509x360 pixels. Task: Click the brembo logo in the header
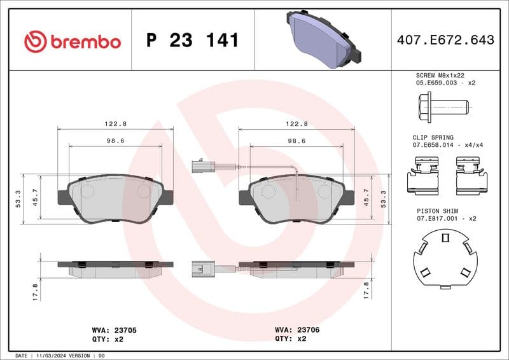pyautogui.click(x=72, y=41)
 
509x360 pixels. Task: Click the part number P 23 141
pyautogui.click(x=192, y=41)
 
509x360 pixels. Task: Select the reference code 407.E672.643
pyautogui.click(x=445, y=40)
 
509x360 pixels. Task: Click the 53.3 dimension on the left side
pyautogui.click(x=18, y=199)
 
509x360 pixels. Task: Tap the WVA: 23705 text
pyautogui.click(x=115, y=331)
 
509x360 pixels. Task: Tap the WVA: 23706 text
pyautogui.click(x=296, y=331)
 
